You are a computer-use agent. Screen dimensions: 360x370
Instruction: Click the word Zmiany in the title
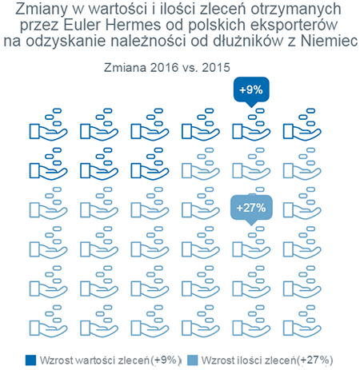click(42, 10)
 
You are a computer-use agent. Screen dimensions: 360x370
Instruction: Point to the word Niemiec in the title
click(329, 41)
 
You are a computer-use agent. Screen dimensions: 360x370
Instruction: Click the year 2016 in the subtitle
click(164, 67)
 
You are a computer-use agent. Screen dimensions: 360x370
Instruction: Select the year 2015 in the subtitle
click(216, 67)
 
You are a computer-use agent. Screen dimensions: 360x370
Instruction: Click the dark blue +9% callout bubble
click(251, 90)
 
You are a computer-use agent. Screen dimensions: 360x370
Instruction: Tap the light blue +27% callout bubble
click(251, 209)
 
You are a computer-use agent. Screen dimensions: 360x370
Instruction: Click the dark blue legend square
click(30, 360)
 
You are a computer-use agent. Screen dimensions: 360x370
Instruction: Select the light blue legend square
click(193, 360)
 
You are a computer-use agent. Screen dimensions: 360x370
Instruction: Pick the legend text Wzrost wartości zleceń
click(94, 360)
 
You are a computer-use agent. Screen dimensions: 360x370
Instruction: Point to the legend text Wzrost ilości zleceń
click(249, 360)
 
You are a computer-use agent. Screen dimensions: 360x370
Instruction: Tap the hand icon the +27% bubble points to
click(251, 243)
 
